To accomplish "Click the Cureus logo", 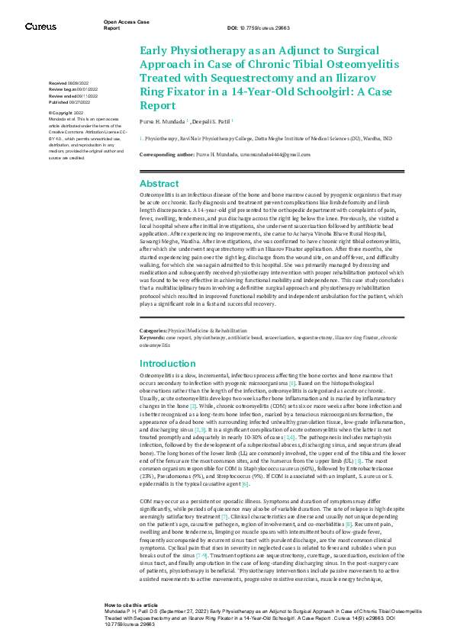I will click(x=40, y=27).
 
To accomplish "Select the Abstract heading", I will click(x=159, y=184).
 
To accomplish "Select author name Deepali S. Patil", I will click(x=214, y=120).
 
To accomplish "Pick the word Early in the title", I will click(x=155, y=50).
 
